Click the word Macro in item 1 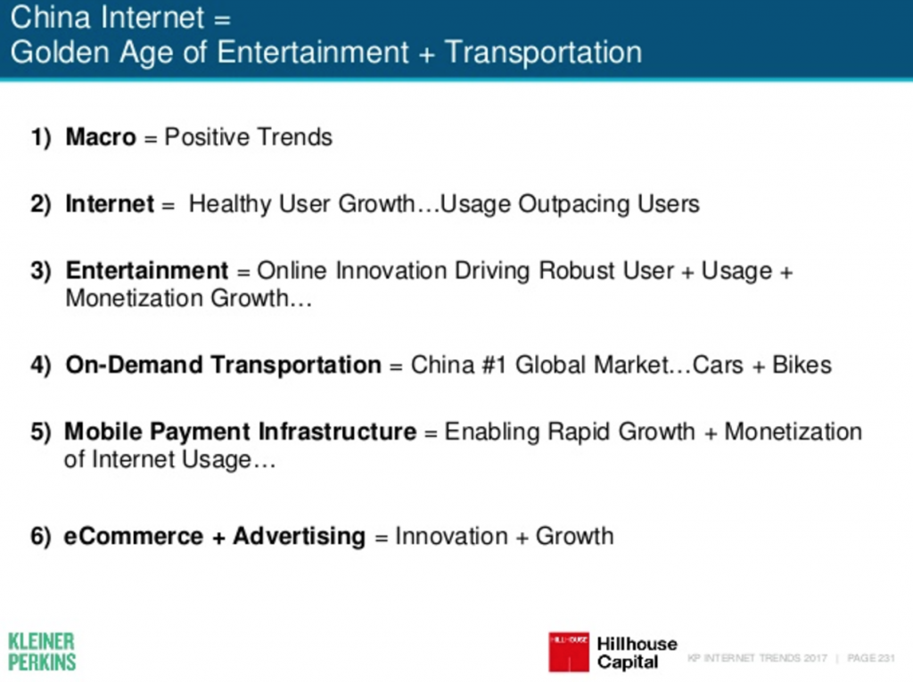tap(101, 137)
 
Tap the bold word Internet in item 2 tap(110, 204)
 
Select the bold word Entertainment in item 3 tap(147, 271)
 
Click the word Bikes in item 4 tap(802, 366)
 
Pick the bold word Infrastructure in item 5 tap(338, 431)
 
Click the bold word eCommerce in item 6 tap(134, 537)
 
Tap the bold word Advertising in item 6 tap(300, 537)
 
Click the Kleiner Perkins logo tap(42, 652)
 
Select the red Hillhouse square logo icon tap(569, 652)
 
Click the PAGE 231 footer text tap(871, 658)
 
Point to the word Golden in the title tap(60, 53)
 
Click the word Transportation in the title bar tap(543, 53)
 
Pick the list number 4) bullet tap(41, 366)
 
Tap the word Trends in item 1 tap(294, 137)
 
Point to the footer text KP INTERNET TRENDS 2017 tap(757, 658)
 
